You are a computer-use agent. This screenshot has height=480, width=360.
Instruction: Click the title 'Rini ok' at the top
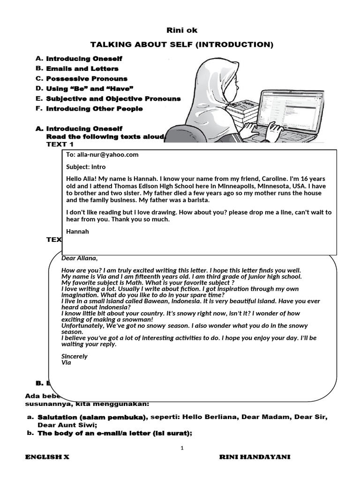point(182,30)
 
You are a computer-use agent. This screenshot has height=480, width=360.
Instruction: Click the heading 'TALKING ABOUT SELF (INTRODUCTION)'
point(182,45)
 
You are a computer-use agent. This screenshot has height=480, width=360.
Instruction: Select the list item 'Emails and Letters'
point(82,69)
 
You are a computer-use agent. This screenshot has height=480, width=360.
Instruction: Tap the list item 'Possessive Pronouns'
point(87,79)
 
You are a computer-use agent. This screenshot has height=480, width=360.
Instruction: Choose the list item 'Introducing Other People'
point(94,109)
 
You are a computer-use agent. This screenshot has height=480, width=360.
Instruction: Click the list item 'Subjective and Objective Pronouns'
point(113,99)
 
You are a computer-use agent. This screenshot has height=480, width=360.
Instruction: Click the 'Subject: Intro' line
point(86,167)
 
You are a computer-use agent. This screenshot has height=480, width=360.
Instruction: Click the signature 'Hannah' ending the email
point(77,232)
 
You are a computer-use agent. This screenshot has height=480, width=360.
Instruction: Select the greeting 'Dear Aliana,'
point(80,258)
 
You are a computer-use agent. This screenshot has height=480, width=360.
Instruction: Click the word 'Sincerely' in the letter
point(75,356)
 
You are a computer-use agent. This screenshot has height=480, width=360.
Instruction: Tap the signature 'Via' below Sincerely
point(66,362)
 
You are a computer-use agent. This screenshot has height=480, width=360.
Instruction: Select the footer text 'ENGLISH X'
point(47,457)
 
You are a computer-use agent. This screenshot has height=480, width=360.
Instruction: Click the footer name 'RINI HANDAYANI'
point(255,457)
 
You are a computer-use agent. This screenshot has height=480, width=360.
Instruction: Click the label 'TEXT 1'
point(60,144)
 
